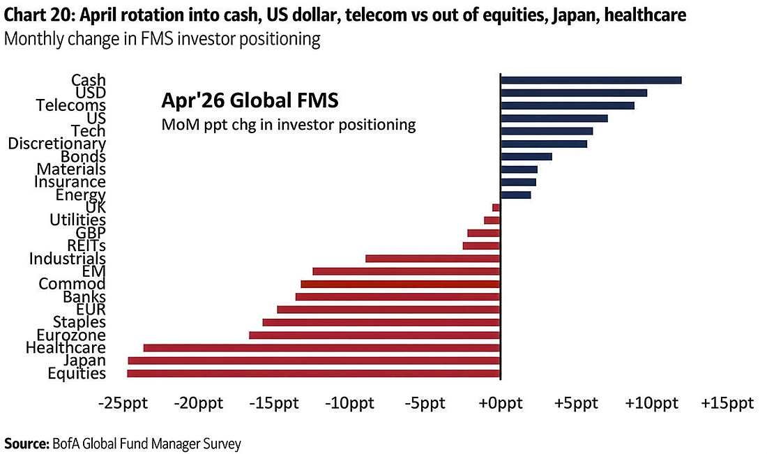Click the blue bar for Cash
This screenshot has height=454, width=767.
pyautogui.click(x=591, y=80)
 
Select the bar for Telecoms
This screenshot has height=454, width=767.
pyautogui.click(x=567, y=105)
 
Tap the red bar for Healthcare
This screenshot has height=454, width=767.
pyautogui.click(x=321, y=348)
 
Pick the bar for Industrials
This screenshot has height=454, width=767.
pyautogui.click(x=432, y=259)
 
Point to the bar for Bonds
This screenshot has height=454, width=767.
pyautogui.click(x=526, y=156)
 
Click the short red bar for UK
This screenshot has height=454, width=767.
pyautogui.click(x=496, y=207)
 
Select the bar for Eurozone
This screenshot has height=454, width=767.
pyautogui.click(x=374, y=335)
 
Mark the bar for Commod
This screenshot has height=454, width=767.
pyautogui.click(x=400, y=284)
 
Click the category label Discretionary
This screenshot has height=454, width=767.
pyautogui.click(x=56, y=144)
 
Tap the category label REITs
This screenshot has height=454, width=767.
pyautogui.click(x=86, y=245)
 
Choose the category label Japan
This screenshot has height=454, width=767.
pyautogui.click(x=84, y=361)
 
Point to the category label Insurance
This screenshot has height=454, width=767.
pyautogui.click(x=70, y=182)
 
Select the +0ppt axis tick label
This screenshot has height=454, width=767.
pyautogui.click(x=499, y=404)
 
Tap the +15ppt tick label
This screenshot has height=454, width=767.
pyautogui.click(x=727, y=404)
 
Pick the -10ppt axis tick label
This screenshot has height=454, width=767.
pyautogui.click(x=349, y=404)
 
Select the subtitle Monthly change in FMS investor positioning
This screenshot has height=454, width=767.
pyautogui.click(x=162, y=39)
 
